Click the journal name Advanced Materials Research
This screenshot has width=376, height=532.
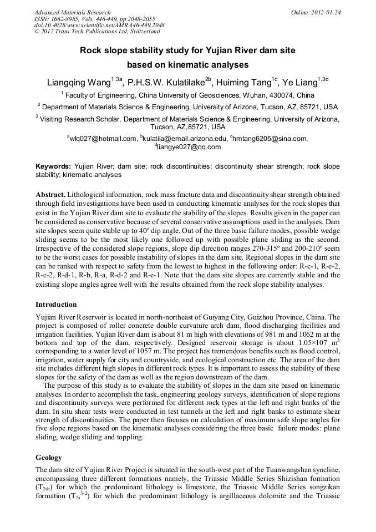pos(72,12)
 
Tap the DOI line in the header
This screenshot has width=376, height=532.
pos(99,26)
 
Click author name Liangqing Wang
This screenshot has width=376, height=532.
pos(79,83)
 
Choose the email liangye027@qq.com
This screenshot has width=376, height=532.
pos(189,147)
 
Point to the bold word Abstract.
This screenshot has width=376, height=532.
pos(50,195)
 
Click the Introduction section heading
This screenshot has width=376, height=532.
pos(56,305)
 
